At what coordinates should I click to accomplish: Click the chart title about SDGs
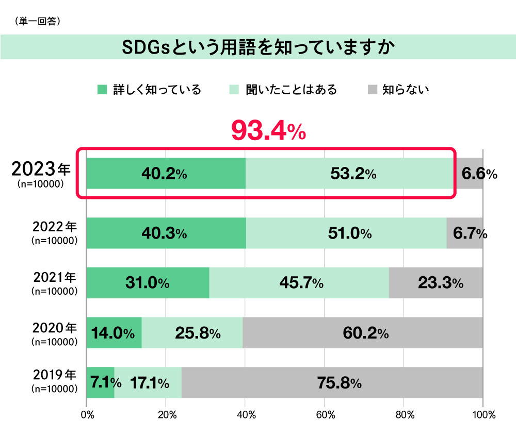257,47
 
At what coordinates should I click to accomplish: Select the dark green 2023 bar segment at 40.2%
165,174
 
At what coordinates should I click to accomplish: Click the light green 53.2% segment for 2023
349,174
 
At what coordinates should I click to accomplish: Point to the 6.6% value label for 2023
479,174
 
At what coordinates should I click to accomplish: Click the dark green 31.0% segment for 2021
148,283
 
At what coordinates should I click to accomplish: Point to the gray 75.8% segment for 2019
332,383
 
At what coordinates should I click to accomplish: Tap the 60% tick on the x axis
324,414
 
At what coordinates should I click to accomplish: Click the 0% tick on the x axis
87,414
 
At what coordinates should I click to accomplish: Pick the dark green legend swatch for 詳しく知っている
102,90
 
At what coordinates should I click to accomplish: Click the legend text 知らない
406,90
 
